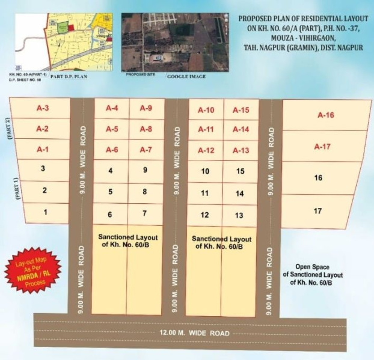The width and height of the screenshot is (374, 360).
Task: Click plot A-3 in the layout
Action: pos(43,109)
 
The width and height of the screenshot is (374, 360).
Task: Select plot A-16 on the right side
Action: pos(325,115)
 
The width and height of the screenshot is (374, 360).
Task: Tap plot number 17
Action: pos(318,211)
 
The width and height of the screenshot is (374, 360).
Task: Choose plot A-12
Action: pos(206,150)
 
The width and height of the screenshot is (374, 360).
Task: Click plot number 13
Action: pos(239,215)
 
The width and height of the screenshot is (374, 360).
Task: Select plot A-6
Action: pos(112,150)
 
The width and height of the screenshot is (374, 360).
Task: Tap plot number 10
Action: pos(206,171)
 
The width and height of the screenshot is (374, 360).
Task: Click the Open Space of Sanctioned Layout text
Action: pos(311,274)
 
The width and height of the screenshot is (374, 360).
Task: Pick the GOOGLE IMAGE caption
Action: pos(186,77)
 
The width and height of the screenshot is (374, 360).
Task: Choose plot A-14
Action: pos(241,129)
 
